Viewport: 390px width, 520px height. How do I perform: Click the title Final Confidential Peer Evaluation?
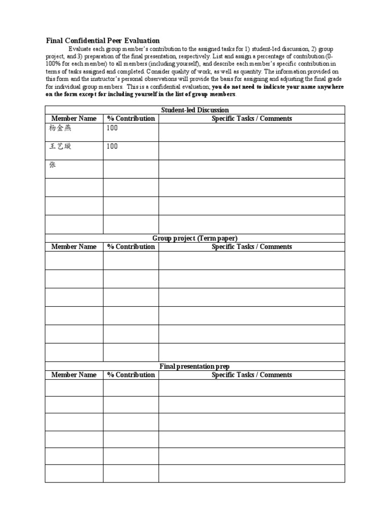point(103,41)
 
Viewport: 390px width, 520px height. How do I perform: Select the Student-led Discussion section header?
point(194,110)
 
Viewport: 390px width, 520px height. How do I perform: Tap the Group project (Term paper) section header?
point(194,238)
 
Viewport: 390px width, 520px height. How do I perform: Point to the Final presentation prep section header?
point(194,366)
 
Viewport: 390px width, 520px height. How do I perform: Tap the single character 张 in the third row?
point(52,165)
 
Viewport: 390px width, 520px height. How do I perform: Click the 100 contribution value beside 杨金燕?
point(112,128)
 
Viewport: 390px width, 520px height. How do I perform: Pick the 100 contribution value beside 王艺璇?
point(112,146)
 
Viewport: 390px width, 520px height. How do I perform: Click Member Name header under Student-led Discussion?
point(74,118)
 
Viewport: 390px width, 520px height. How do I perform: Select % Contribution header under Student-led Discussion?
point(131,118)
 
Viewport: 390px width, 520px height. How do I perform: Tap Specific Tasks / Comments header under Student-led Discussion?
point(251,118)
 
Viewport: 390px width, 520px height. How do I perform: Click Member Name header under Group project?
point(74,247)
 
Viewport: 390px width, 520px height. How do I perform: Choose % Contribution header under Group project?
point(131,247)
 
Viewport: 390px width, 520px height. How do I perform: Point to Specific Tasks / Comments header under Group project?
point(251,247)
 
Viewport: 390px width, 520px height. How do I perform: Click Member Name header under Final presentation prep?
point(74,375)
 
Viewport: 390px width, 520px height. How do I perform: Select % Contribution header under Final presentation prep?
point(131,375)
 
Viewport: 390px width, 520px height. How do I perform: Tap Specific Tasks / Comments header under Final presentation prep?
point(251,375)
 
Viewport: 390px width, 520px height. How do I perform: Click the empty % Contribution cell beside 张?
point(131,169)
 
